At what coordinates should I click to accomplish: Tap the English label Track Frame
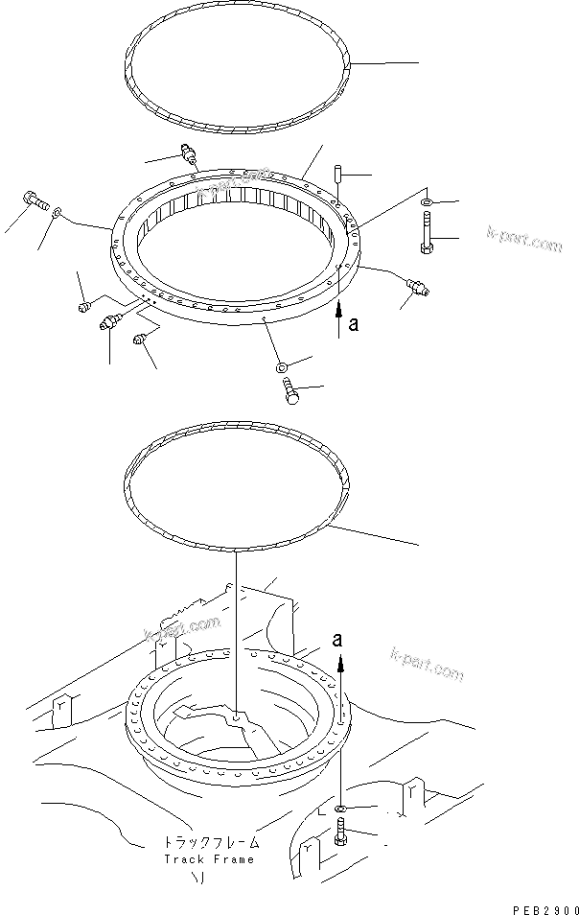(209, 858)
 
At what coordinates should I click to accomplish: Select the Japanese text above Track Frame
(209, 844)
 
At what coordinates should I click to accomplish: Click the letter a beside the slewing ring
(353, 325)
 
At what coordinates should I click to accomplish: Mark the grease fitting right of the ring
(418, 285)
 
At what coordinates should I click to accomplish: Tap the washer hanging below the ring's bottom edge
(280, 366)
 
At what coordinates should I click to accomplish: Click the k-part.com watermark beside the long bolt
(523, 240)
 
